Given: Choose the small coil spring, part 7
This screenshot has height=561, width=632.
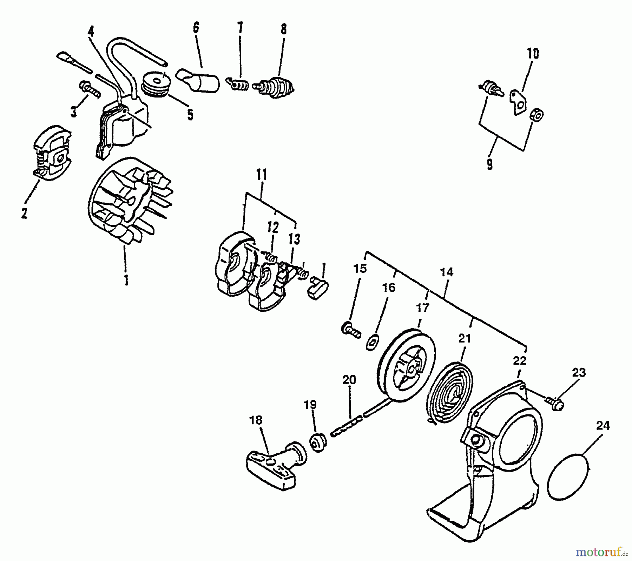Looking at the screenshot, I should coord(239,85).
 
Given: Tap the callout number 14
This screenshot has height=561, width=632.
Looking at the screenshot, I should coord(447,272).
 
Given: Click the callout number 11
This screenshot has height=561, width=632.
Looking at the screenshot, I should coord(262,175).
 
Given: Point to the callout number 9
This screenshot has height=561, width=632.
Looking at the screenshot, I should coord(490,164).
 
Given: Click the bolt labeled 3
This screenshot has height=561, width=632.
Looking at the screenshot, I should coord(90,89).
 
